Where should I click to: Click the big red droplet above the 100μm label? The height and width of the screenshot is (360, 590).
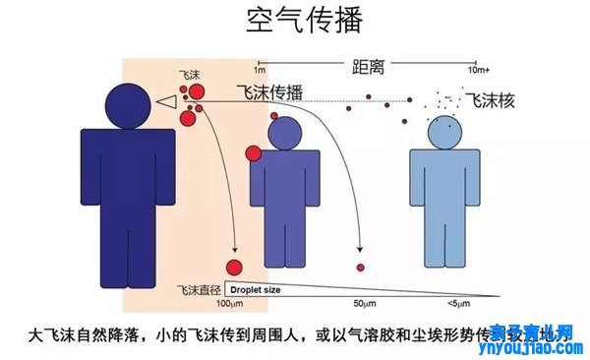tap(234, 267)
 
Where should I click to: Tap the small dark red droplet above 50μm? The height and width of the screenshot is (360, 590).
tap(361, 268)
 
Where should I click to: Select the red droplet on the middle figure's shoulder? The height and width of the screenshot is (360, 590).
tap(252, 152)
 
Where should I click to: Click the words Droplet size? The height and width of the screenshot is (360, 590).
tap(253, 290)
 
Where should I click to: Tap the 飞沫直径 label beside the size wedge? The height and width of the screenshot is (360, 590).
tap(196, 290)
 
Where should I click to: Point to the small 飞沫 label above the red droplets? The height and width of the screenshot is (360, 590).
tap(190, 74)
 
